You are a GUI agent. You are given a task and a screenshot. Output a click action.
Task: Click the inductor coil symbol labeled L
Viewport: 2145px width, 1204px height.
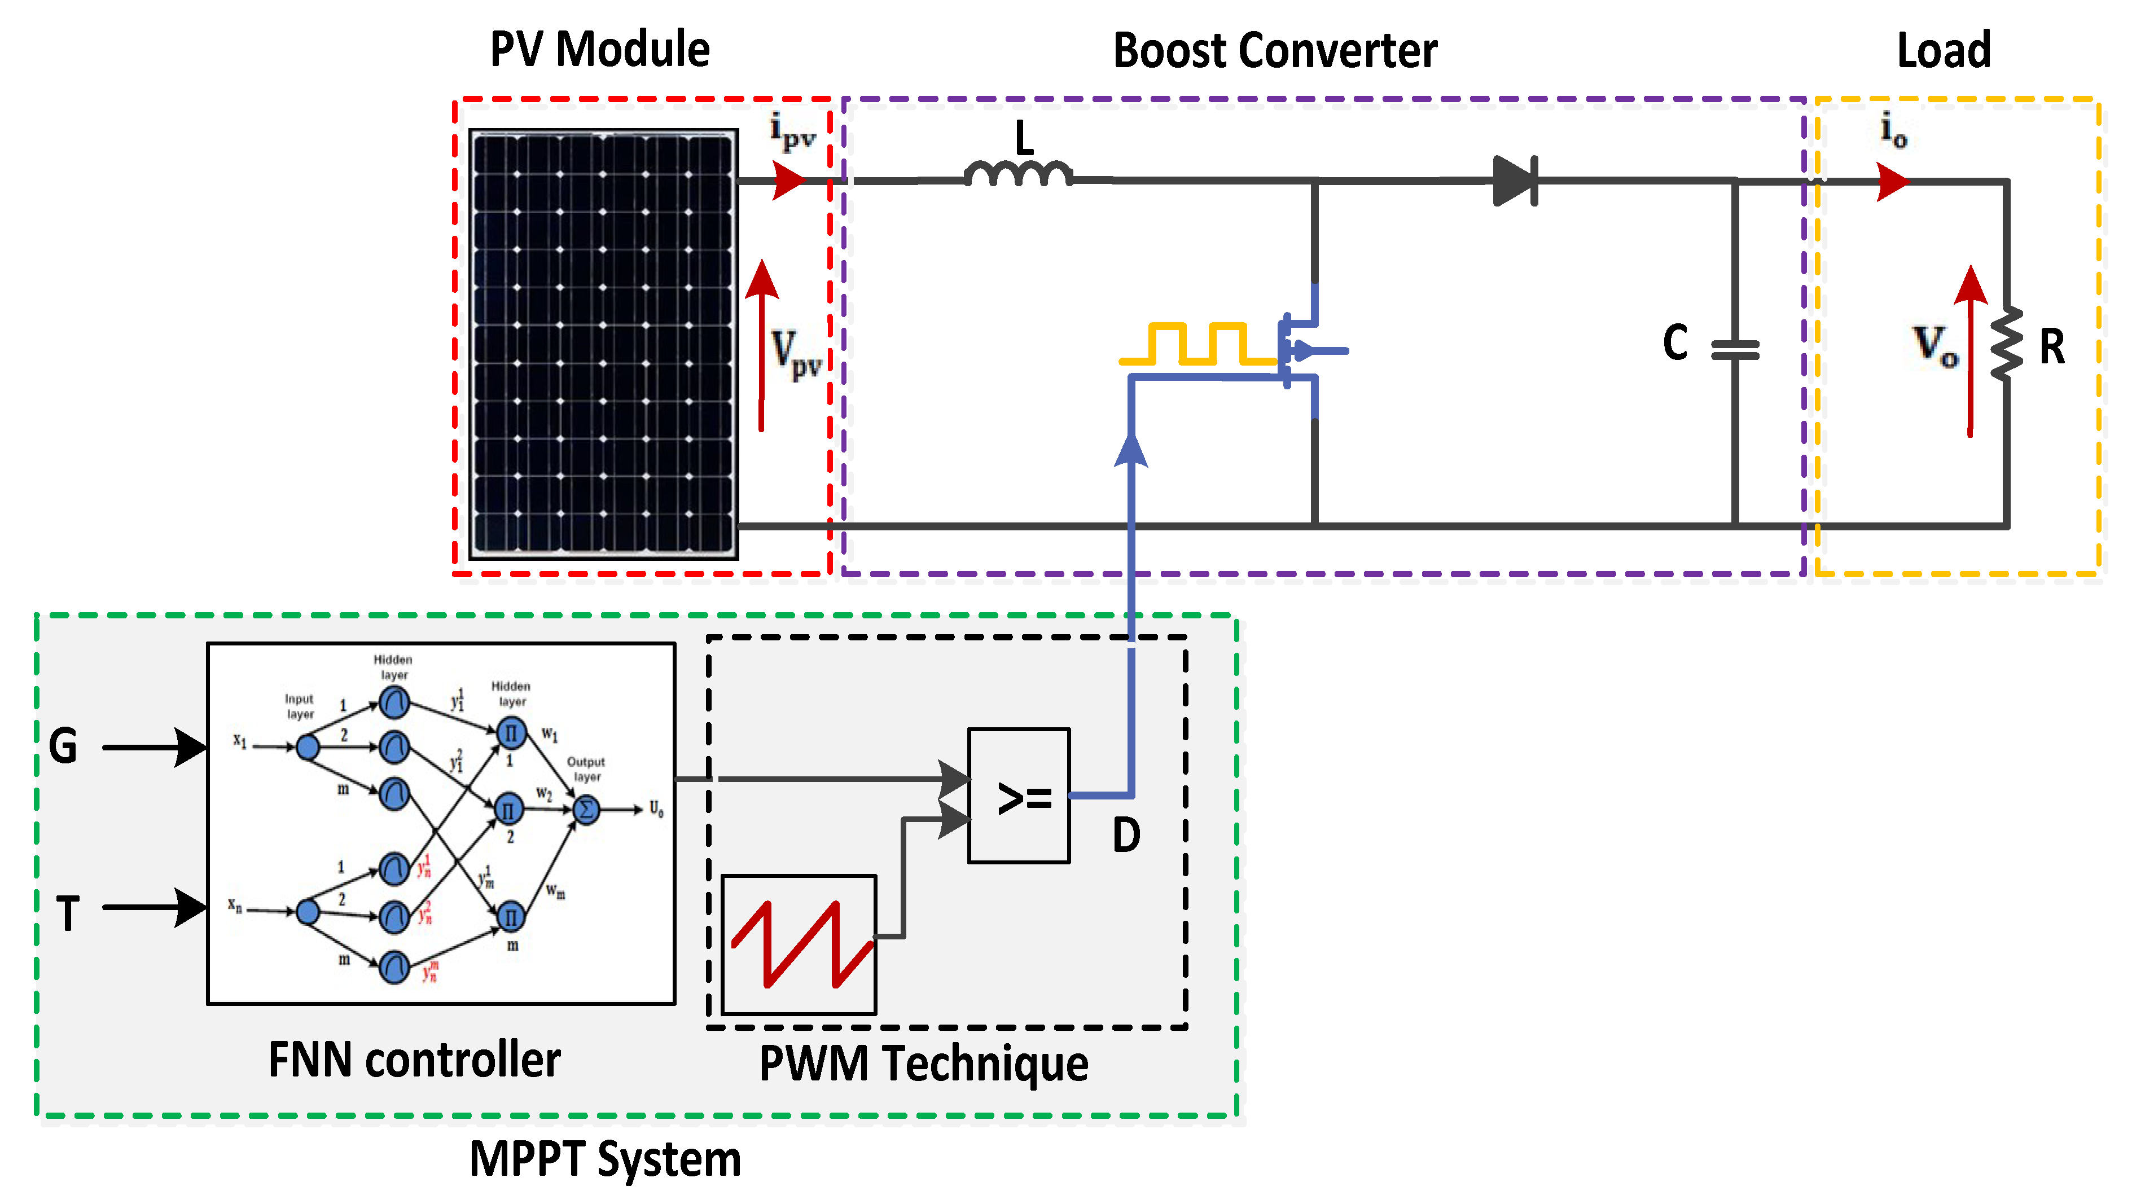(1019, 174)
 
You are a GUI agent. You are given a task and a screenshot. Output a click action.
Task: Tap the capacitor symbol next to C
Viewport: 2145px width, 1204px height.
(1735, 350)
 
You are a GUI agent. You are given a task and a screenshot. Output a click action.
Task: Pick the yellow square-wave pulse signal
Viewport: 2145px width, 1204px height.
(1197, 344)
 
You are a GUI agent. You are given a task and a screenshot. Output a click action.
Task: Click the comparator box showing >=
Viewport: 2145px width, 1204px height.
(1019, 796)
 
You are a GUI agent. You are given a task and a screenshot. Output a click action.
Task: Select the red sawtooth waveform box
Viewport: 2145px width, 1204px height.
(799, 944)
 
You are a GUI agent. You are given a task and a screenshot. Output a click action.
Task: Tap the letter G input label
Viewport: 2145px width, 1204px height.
(63, 745)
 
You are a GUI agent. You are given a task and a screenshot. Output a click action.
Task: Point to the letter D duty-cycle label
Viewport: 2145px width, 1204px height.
(1126, 835)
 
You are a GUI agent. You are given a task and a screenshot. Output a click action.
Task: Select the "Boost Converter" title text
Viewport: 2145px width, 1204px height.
(1275, 51)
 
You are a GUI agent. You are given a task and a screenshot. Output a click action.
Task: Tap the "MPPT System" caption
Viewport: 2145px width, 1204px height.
(606, 1159)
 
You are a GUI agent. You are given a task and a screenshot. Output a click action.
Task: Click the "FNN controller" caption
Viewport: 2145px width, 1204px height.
(414, 1060)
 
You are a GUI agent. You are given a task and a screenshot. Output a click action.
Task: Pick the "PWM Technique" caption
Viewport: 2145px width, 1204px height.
(923, 1064)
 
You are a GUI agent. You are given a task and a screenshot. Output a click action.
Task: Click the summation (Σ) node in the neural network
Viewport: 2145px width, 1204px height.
(586, 809)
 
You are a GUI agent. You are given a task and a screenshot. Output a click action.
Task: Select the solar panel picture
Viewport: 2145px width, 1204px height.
(603, 344)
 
